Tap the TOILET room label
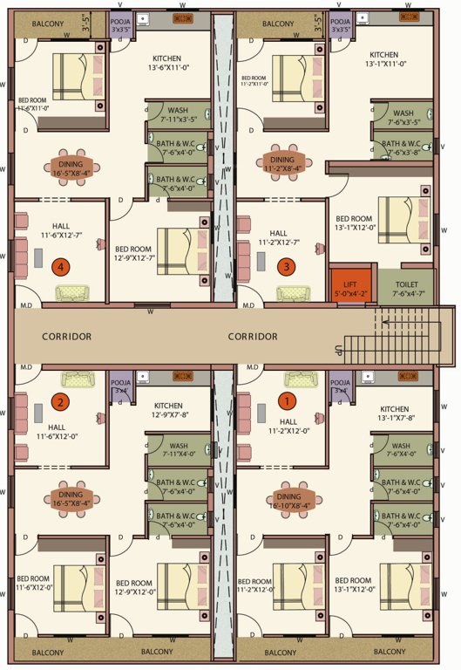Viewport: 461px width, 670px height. click(x=406, y=289)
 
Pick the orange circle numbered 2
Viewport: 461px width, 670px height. click(x=60, y=402)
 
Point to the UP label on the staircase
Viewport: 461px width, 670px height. click(x=338, y=350)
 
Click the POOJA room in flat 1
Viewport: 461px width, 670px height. click(x=341, y=386)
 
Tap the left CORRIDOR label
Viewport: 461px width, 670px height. click(x=66, y=336)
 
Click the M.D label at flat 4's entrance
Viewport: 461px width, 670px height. click(x=25, y=305)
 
